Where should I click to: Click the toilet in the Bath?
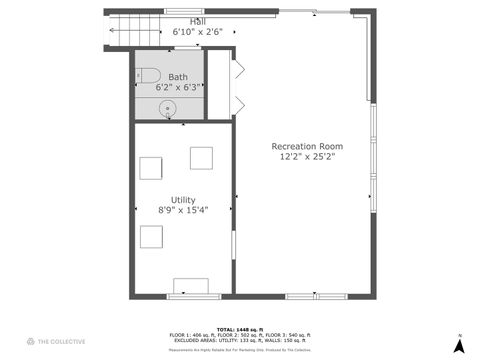pyautogui.click(x=149, y=74)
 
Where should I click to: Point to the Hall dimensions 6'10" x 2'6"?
pyautogui.click(x=186, y=32)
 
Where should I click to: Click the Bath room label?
pyautogui.click(x=178, y=77)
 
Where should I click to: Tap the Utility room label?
pyautogui.click(x=183, y=199)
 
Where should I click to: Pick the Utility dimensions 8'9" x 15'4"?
pyautogui.click(x=183, y=210)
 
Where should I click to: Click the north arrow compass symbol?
pyautogui.click(x=458, y=344)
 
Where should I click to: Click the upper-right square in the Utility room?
pyautogui.click(x=201, y=158)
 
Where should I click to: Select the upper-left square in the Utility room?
pyautogui.click(x=152, y=167)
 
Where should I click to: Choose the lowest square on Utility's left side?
pyautogui.click(x=152, y=236)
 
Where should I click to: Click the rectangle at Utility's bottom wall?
pyautogui.click(x=191, y=287)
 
